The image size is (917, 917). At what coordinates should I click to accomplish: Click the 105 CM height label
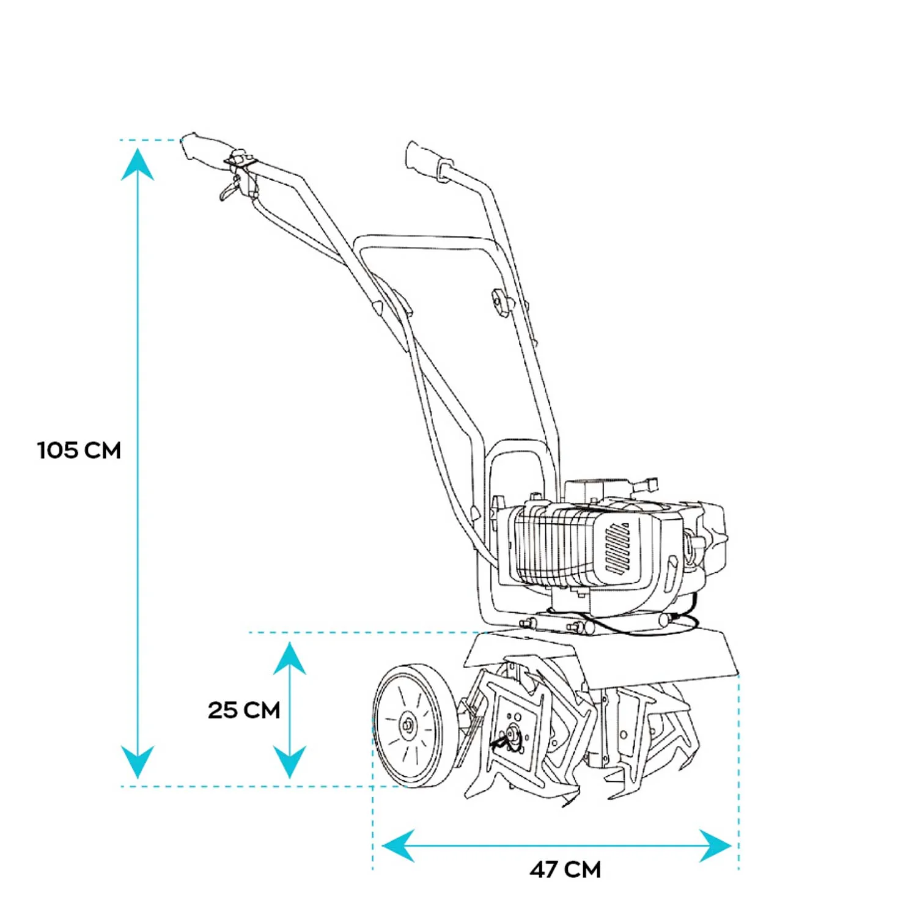click(x=79, y=451)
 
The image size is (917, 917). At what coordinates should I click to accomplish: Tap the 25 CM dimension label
click(x=244, y=710)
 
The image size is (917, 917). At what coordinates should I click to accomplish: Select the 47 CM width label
click(x=565, y=869)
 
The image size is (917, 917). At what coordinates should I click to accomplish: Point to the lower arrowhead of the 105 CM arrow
click(x=138, y=761)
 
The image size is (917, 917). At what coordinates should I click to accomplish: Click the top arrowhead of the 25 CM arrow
click(x=289, y=658)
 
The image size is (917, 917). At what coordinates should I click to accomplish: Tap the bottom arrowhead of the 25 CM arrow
click(x=289, y=761)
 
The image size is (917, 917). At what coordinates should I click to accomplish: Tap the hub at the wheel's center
click(x=407, y=726)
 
